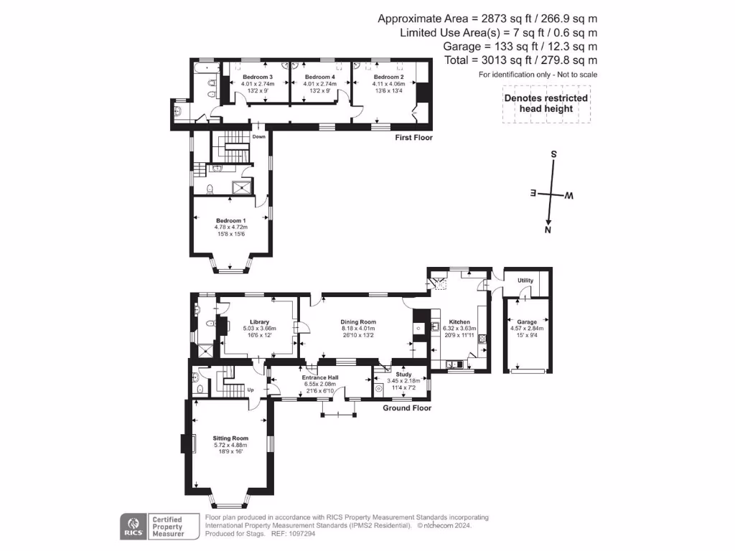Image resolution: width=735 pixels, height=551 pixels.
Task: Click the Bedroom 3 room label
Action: (257, 77)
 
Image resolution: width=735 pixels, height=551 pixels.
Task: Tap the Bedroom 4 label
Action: (319, 77)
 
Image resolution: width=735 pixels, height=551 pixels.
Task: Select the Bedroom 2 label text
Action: (388, 77)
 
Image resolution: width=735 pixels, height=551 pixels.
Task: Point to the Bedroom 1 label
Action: (230, 221)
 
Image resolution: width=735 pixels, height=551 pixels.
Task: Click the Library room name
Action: (258, 322)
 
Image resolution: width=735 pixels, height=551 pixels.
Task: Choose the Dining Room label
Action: (358, 322)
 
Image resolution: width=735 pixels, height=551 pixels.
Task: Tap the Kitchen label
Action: (459, 322)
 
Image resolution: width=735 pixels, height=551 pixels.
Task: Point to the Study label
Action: (403, 374)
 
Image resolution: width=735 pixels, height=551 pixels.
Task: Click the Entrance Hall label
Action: (320, 377)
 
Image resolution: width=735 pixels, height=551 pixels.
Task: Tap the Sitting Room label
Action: (230, 438)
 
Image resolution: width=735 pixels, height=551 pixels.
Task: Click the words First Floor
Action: (414, 137)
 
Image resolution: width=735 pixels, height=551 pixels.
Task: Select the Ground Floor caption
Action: (407, 408)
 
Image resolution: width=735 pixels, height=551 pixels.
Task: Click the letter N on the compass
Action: (548, 230)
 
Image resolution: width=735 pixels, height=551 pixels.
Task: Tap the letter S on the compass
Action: (553, 154)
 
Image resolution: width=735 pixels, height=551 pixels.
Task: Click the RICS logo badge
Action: (131, 526)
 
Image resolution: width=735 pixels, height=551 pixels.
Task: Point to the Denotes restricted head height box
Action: (546, 103)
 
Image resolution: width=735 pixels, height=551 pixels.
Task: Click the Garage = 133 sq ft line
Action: (520, 47)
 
